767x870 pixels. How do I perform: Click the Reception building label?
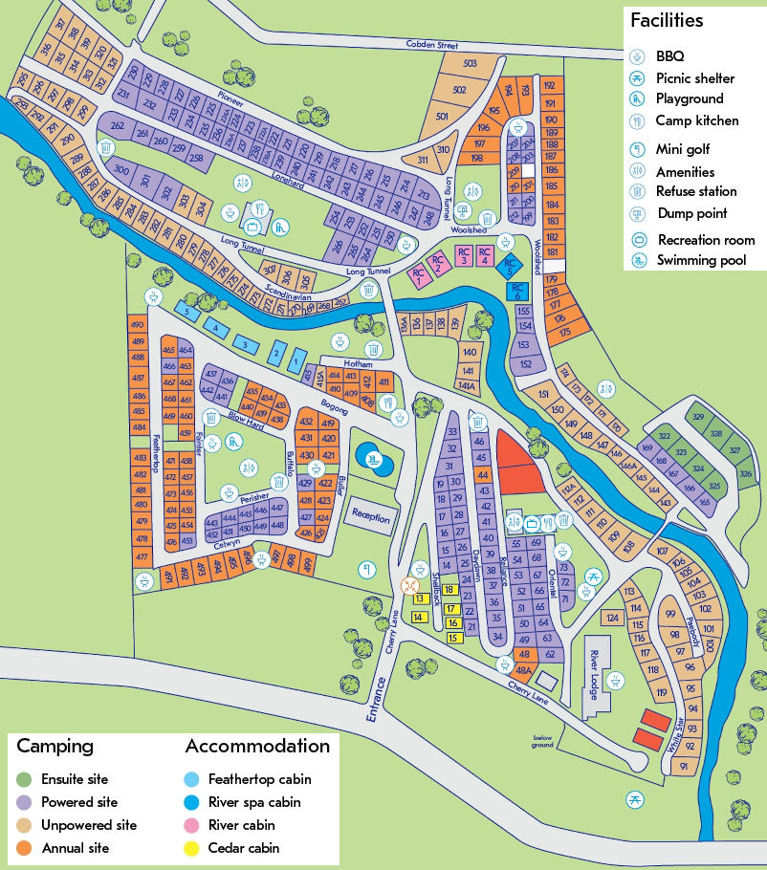click(370, 516)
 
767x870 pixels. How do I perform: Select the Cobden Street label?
click(432, 44)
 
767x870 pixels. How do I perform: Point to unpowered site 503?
click(470, 64)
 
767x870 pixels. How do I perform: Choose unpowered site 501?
click(442, 117)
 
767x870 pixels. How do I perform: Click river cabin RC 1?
click(418, 275)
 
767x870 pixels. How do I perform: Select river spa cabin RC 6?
click(516, 291)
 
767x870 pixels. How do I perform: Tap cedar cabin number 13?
click(419, 598)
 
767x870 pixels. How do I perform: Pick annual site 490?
click(137, 325)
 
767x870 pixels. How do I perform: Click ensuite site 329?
click(698, 419)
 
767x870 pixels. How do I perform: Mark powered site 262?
click(118, 126)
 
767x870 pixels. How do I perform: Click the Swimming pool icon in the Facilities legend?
click(638, 260)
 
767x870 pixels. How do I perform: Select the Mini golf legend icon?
click(638, 149)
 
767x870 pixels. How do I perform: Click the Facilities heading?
click(666, 20)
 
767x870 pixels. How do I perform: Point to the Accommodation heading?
click(257, 746)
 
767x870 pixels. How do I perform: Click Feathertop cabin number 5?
click(186, 313)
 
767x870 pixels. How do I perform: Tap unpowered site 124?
click(612, 618)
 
